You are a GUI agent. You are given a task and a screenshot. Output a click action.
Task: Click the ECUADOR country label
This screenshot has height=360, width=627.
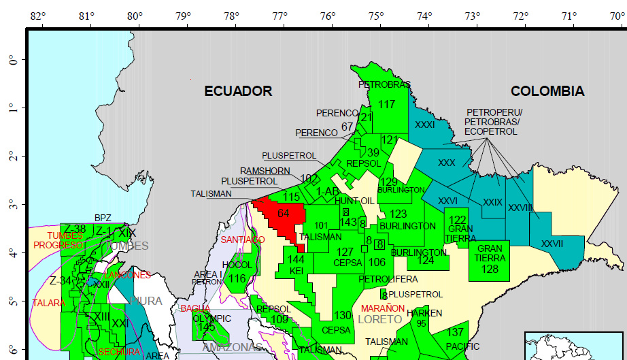[238, 91]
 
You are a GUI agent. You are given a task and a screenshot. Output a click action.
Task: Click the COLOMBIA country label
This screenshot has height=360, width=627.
[547, 91]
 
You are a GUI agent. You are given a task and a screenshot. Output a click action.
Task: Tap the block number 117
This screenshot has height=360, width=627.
[386, 104]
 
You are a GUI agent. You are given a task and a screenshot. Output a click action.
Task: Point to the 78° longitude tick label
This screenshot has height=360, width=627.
[231, 16]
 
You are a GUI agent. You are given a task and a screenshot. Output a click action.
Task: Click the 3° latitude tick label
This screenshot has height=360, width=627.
[12, 205]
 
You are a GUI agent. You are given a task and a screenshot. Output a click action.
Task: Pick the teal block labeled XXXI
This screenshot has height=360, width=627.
[424, 125]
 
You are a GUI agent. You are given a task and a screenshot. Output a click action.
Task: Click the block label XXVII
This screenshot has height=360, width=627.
[552, 243]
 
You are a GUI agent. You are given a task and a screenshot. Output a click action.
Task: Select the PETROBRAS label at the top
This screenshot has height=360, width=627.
[384, 85]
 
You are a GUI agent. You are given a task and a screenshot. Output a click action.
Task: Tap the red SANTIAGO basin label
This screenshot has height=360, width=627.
[242, 240]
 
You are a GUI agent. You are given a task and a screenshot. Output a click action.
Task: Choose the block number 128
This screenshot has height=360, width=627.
[490, 269]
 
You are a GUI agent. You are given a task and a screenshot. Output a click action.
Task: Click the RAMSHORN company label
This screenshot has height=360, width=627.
[265, 171]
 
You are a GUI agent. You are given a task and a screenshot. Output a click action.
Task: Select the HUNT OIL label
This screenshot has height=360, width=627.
[354, 201]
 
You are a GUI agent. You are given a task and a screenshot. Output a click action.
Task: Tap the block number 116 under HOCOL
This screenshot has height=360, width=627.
[237, 278]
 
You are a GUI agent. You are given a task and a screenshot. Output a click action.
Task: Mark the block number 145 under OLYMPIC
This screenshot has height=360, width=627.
[207, 327]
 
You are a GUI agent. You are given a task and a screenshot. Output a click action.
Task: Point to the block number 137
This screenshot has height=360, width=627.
[456, 332]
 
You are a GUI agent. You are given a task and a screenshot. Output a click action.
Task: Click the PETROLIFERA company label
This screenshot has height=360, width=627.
[388, 279]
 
